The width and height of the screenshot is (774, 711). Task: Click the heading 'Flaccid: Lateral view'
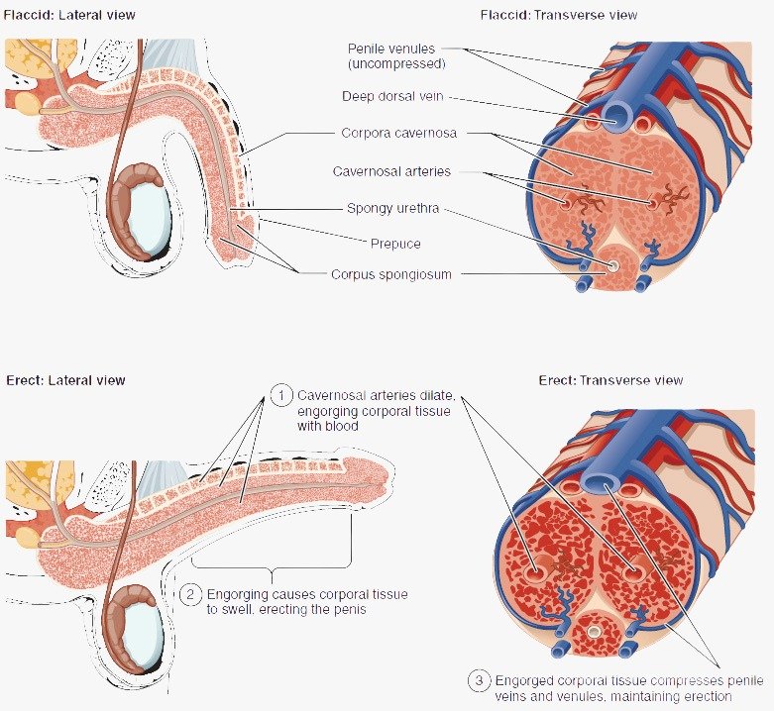pyautogui.click(x=71, y=16)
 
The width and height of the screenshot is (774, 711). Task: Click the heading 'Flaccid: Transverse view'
pyautogui.click(x=558, y=16)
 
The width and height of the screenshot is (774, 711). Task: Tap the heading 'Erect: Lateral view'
pyautogui.click(x=65, y=380)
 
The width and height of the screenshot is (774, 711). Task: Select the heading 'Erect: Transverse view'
pyautogui.click(x=610, y=380)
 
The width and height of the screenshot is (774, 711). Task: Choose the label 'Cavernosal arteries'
pyautogui.click(x=391, y=171)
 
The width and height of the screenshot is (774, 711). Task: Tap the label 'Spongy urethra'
pyautogui.click(x=392, y=208)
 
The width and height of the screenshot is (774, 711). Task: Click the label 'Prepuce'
pyautogui.click(x=395, y=244)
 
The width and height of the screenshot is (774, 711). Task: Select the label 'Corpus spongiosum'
pyautogui.click(x=391, y=274)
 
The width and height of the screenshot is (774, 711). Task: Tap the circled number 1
pyautogui.click(x=280, y=395)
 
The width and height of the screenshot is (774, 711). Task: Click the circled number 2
pyautogui.click(x=190, y=595)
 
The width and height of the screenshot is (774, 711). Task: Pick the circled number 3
pyautogui.click(x=479, y=681)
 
